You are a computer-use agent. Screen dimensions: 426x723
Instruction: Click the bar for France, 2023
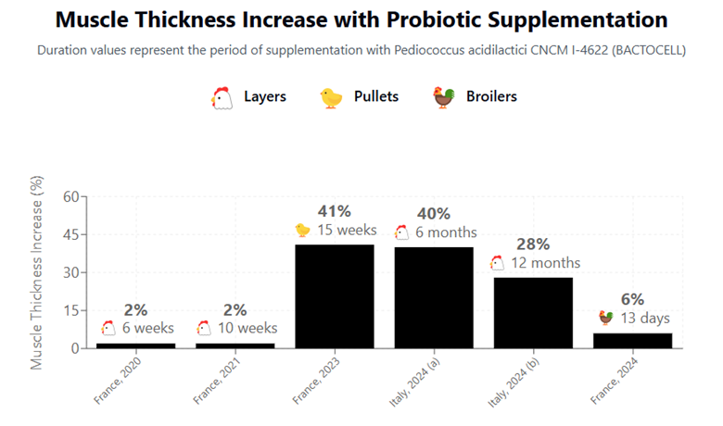pos(335,296)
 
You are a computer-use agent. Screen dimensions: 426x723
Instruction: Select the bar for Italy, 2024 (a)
pos(434,297)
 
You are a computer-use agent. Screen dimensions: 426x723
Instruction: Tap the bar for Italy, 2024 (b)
pos(533,312)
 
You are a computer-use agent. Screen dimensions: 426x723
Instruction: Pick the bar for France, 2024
pos(632,340)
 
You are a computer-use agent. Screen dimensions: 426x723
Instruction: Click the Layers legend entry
pos(248,96)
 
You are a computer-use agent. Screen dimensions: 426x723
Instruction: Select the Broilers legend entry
pos(474,96)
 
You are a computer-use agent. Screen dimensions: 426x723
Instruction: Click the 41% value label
pos(335,210)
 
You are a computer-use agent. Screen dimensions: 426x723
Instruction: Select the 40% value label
pos(434,213)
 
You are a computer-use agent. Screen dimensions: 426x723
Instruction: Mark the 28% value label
pos(533,244)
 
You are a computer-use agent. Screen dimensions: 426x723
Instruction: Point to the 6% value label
pos(632,299)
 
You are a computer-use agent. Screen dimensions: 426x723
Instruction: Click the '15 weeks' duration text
pos(347,230)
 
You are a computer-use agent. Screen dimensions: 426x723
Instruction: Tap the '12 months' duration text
pos(545,263)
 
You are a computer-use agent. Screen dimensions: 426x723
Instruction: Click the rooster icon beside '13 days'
pos(605,319)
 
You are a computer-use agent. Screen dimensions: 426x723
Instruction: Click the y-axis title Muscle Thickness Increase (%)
pos(38,272)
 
